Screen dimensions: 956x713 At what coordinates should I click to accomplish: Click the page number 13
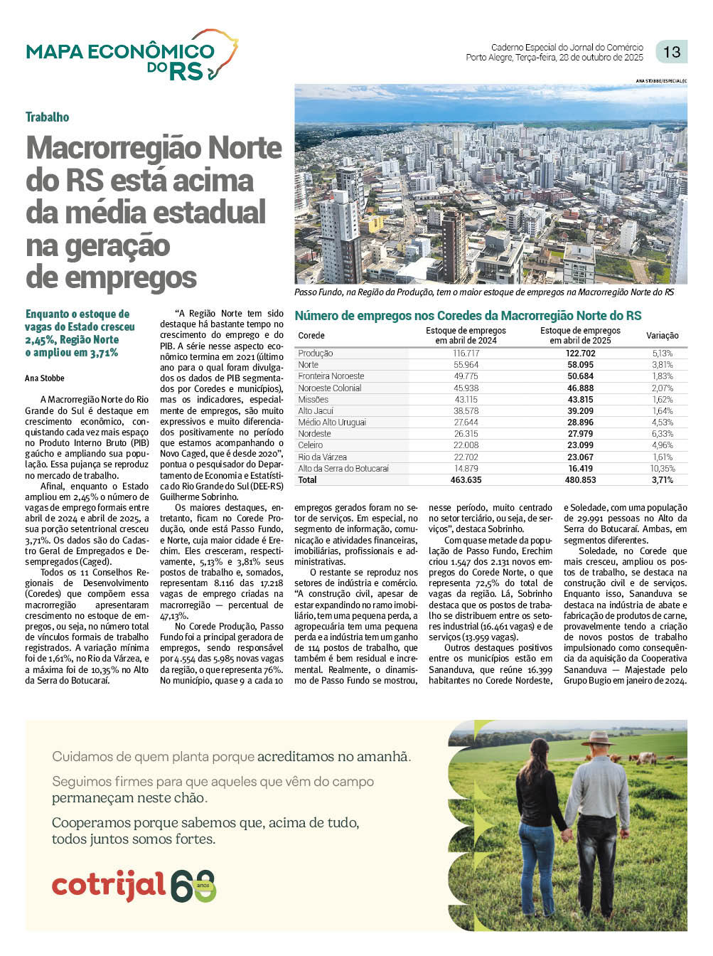click(x=671, y=52)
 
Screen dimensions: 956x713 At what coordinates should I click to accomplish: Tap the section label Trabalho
click(x=47, y=117)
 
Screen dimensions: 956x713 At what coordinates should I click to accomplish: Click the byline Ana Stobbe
click(x=45, y=378)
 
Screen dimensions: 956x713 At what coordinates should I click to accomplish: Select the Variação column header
click(x=662, y=336)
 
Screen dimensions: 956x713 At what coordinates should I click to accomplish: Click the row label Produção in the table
click(x=316, y=354)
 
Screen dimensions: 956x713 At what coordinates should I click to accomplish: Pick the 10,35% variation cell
click(x=662, y=469)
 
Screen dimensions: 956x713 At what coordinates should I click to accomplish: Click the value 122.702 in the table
click(x=580, y=354)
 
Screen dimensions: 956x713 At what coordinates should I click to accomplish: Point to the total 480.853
click(x=580, y=480)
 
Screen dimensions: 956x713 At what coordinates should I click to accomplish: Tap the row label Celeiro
click(x=311, y=445)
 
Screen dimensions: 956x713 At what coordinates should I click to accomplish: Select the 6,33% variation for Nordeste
click(x=662, y=434)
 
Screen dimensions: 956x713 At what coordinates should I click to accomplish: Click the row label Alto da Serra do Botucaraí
click(x=343, y=469)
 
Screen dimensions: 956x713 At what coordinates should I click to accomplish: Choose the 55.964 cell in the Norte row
click(x=466, y=365)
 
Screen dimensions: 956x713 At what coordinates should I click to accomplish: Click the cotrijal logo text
click(x=108, y=886)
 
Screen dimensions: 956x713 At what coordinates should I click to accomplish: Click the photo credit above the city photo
click(x=661, y=81)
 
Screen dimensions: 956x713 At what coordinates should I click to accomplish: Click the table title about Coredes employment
click(x=468, y=316)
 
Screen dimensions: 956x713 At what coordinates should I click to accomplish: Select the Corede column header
click(x=311, y=336)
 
